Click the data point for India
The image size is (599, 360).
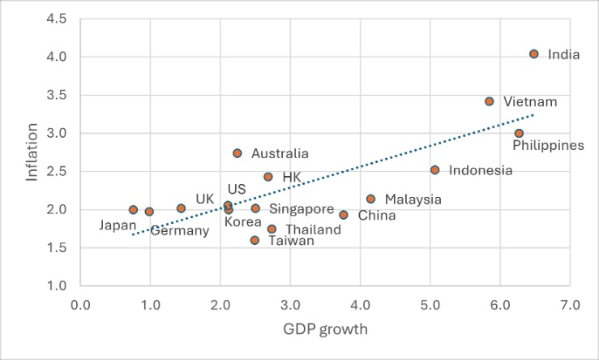click(x=533, y=54)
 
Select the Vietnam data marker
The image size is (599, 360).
click(x=489, y=101)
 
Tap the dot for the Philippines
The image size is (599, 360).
click(x=519, y=133)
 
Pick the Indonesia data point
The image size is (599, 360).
click(x=434, y=169)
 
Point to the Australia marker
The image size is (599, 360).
click(x=237, y=153)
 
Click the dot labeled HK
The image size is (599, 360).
click(x=267, y=177)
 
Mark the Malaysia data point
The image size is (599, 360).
click(x=370, y=199)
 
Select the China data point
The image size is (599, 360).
click(x=344, y=215)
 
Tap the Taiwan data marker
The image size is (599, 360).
click(x=255, y=240)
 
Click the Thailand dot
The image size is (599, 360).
click(x=272, y=229)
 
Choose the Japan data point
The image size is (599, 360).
click(x=133, y=209)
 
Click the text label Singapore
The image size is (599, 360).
click(x=302, y=209)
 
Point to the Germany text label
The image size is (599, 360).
click(x=180, y=231)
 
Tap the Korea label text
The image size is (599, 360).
click(x=242, y=221)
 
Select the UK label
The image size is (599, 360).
click(x=205, y=199)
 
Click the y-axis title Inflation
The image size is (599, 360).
click(x=32, y=152)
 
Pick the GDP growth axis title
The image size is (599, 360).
click(x=325, y=329)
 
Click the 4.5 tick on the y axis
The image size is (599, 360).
click(x=56, y=19)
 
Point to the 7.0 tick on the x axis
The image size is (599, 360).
click(x=570, y=305)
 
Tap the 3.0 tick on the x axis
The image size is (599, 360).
click(x=290, y=305)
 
